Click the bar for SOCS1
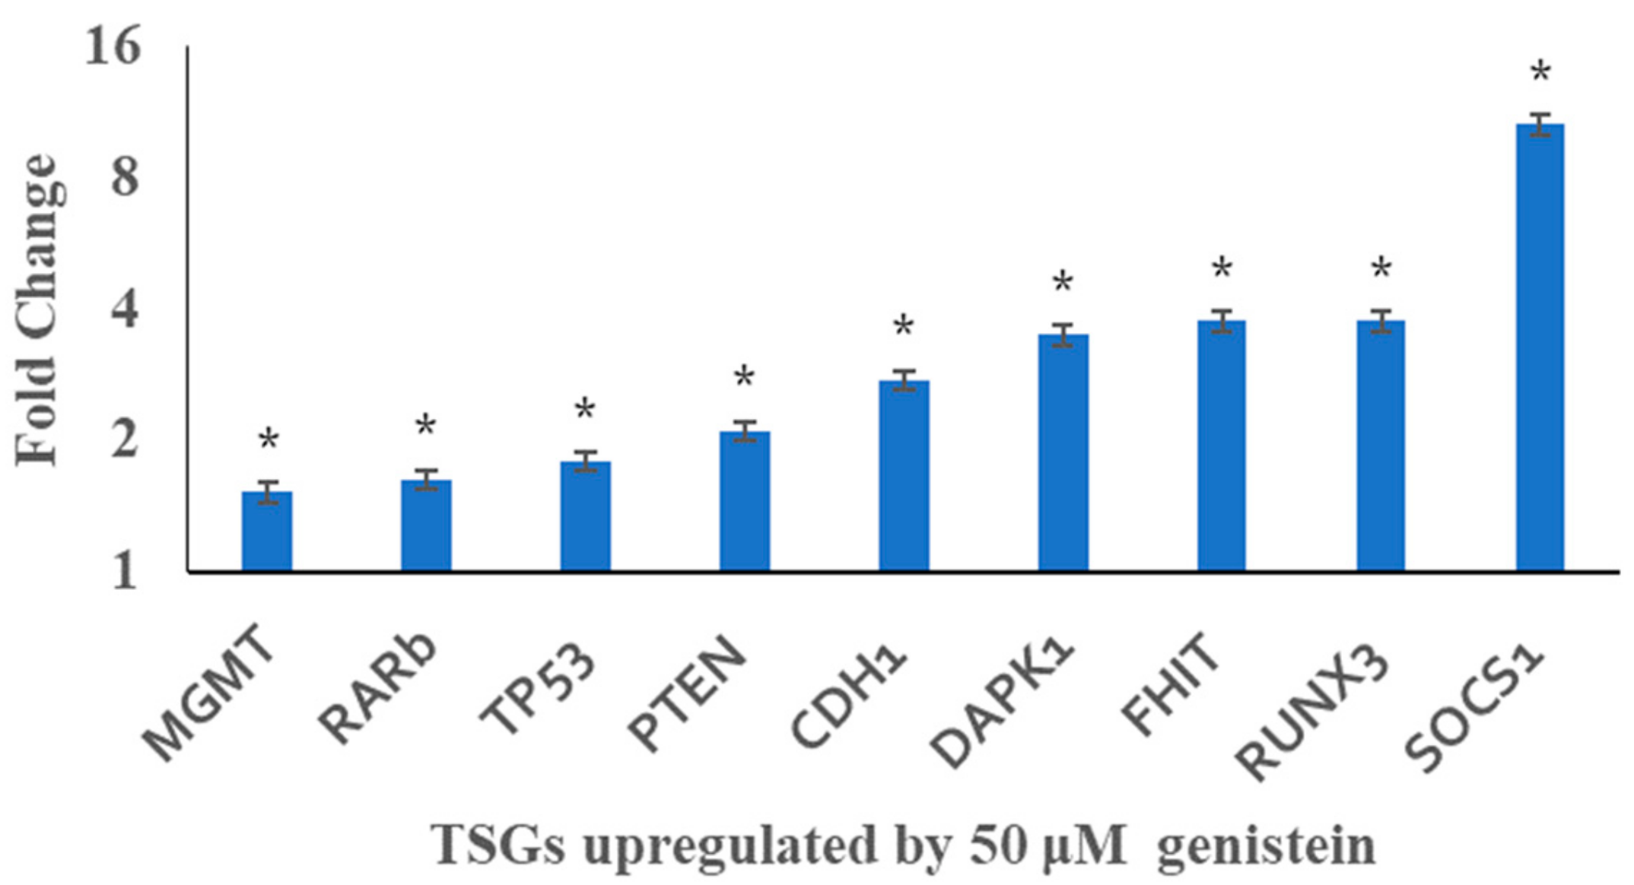(x=1540, y=350)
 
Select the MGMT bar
(x=267, y=532)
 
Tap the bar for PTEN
(x=745, y=502)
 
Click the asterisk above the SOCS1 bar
(x=1540, y=74)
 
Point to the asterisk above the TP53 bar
(x=584, y=410)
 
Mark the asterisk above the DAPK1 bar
(x=1063, y=283)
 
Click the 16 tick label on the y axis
(x=113, y=47)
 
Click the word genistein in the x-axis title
(x=1266, y=845)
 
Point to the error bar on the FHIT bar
(x=1222, y=321)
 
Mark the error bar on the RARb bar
(x=426, y=480)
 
